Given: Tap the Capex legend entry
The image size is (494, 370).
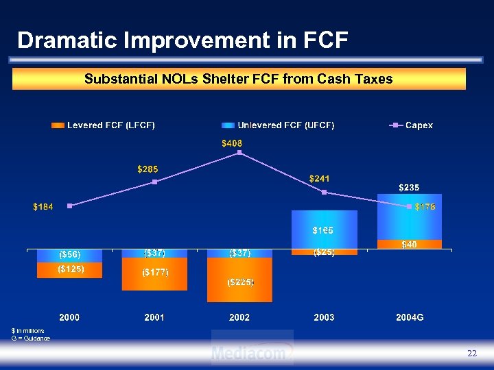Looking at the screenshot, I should click(x=411, y=125).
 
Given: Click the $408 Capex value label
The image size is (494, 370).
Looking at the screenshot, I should click(x=232, y=143).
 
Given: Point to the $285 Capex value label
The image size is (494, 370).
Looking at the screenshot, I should click(x=148, y=169).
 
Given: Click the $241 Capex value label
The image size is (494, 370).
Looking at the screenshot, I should click(x=320, y=178).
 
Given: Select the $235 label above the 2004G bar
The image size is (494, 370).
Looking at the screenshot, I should click(x=410, y=187).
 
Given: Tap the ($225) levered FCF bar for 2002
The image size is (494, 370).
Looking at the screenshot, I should click(x=239, y=282).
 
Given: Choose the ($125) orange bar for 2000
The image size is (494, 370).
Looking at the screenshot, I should click(x=71, y=269).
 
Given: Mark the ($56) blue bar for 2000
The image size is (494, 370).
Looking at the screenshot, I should click(x=70, y=255).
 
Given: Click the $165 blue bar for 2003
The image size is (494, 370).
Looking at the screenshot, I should click(x=324, y=230).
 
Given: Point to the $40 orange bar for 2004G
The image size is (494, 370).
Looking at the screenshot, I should click(x=410, y=244).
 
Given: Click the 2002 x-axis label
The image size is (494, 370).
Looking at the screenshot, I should click(x=239, y=318).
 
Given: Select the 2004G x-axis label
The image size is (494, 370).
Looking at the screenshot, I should click(x=410, y=318).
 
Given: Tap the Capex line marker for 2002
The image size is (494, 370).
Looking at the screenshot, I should click(x=239, y=152).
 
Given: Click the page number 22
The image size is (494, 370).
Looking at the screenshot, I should click(x=471, y=353).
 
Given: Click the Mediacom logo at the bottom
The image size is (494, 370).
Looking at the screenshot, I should click(x=252, y=352).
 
